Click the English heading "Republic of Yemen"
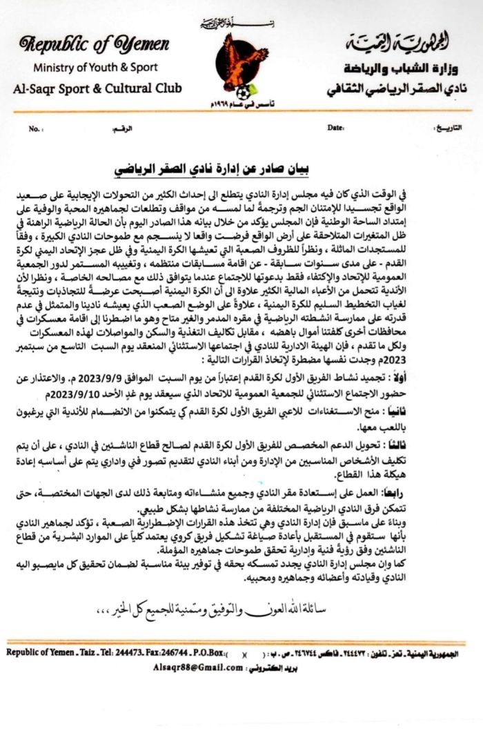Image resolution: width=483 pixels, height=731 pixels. [95, 46]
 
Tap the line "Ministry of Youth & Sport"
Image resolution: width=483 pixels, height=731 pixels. [95, 68]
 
